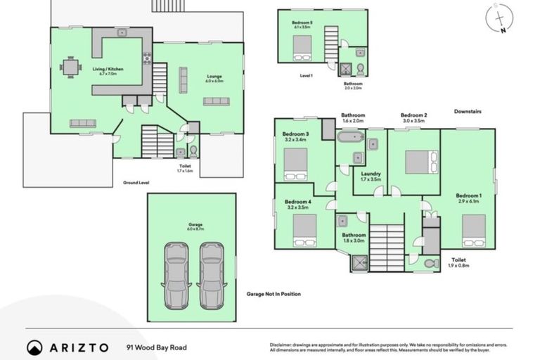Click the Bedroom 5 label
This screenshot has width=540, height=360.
pyautogui.click(x=302, y=22)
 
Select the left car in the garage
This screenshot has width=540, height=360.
pyautogui.click(x=176, y=275)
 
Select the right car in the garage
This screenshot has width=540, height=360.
pyautogui.click(x=212, y=275)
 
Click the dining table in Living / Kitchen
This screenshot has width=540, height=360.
pyautogui.click(x=70, y=67)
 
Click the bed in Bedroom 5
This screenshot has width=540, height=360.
pyautogui.click(x=302, y=46)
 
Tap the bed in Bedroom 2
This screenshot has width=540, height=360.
pyautogui.click(x=421, y=162)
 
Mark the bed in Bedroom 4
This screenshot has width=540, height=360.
pyautogui.click(x=304, y=230)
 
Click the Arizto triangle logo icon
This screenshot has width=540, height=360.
pyautogui.click(x=34, y=347)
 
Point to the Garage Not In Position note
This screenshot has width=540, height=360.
pyautogui.click(x=274, y=294)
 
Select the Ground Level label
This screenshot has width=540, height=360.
pyautogui.click(x=135, y=182)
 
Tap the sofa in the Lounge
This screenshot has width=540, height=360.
pyautogui.click(x=216, y=101)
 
